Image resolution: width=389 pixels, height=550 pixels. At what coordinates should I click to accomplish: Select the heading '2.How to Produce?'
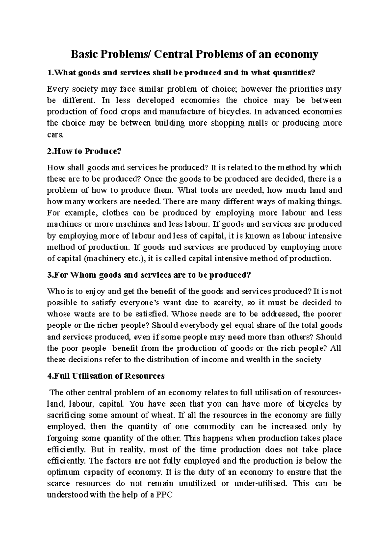84,151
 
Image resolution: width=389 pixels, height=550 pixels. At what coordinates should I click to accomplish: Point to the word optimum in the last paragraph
62,472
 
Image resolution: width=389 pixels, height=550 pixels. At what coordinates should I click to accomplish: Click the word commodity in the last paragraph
214,427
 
